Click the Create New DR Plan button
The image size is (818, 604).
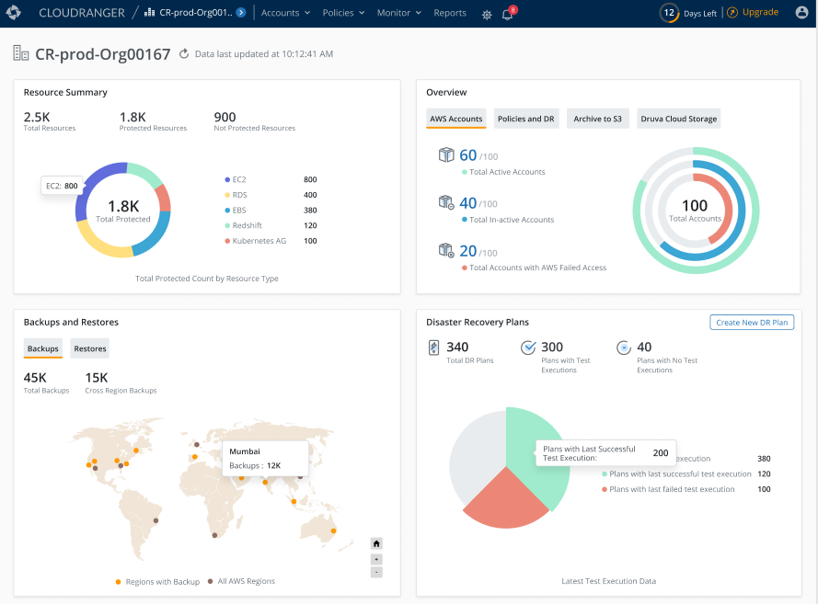click(x=751, y=323)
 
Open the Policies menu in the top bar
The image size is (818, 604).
click(x=344, y=14)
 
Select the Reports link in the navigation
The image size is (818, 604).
click(x=450, y=14)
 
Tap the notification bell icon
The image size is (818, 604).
click(x=507, y=15)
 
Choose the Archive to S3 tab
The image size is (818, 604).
click(x=597, y=119)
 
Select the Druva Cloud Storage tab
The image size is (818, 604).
click(x=679, y=119)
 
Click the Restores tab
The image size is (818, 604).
click(x=90, y=348)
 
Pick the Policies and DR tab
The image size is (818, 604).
click(x=525, y=119)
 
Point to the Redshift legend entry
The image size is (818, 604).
click(x=251, y=225)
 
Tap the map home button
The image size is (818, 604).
click(x=376, y=543)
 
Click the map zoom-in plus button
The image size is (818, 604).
click(x=376, y=558)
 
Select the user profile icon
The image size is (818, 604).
click(x=801, y=13)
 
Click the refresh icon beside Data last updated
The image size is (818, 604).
click(x=184, y=54)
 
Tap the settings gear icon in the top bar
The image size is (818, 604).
click(x=487, y=15)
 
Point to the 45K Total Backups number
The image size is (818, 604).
click(x=35, y=377)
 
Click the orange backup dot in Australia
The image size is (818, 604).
click(x=334, y=531)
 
